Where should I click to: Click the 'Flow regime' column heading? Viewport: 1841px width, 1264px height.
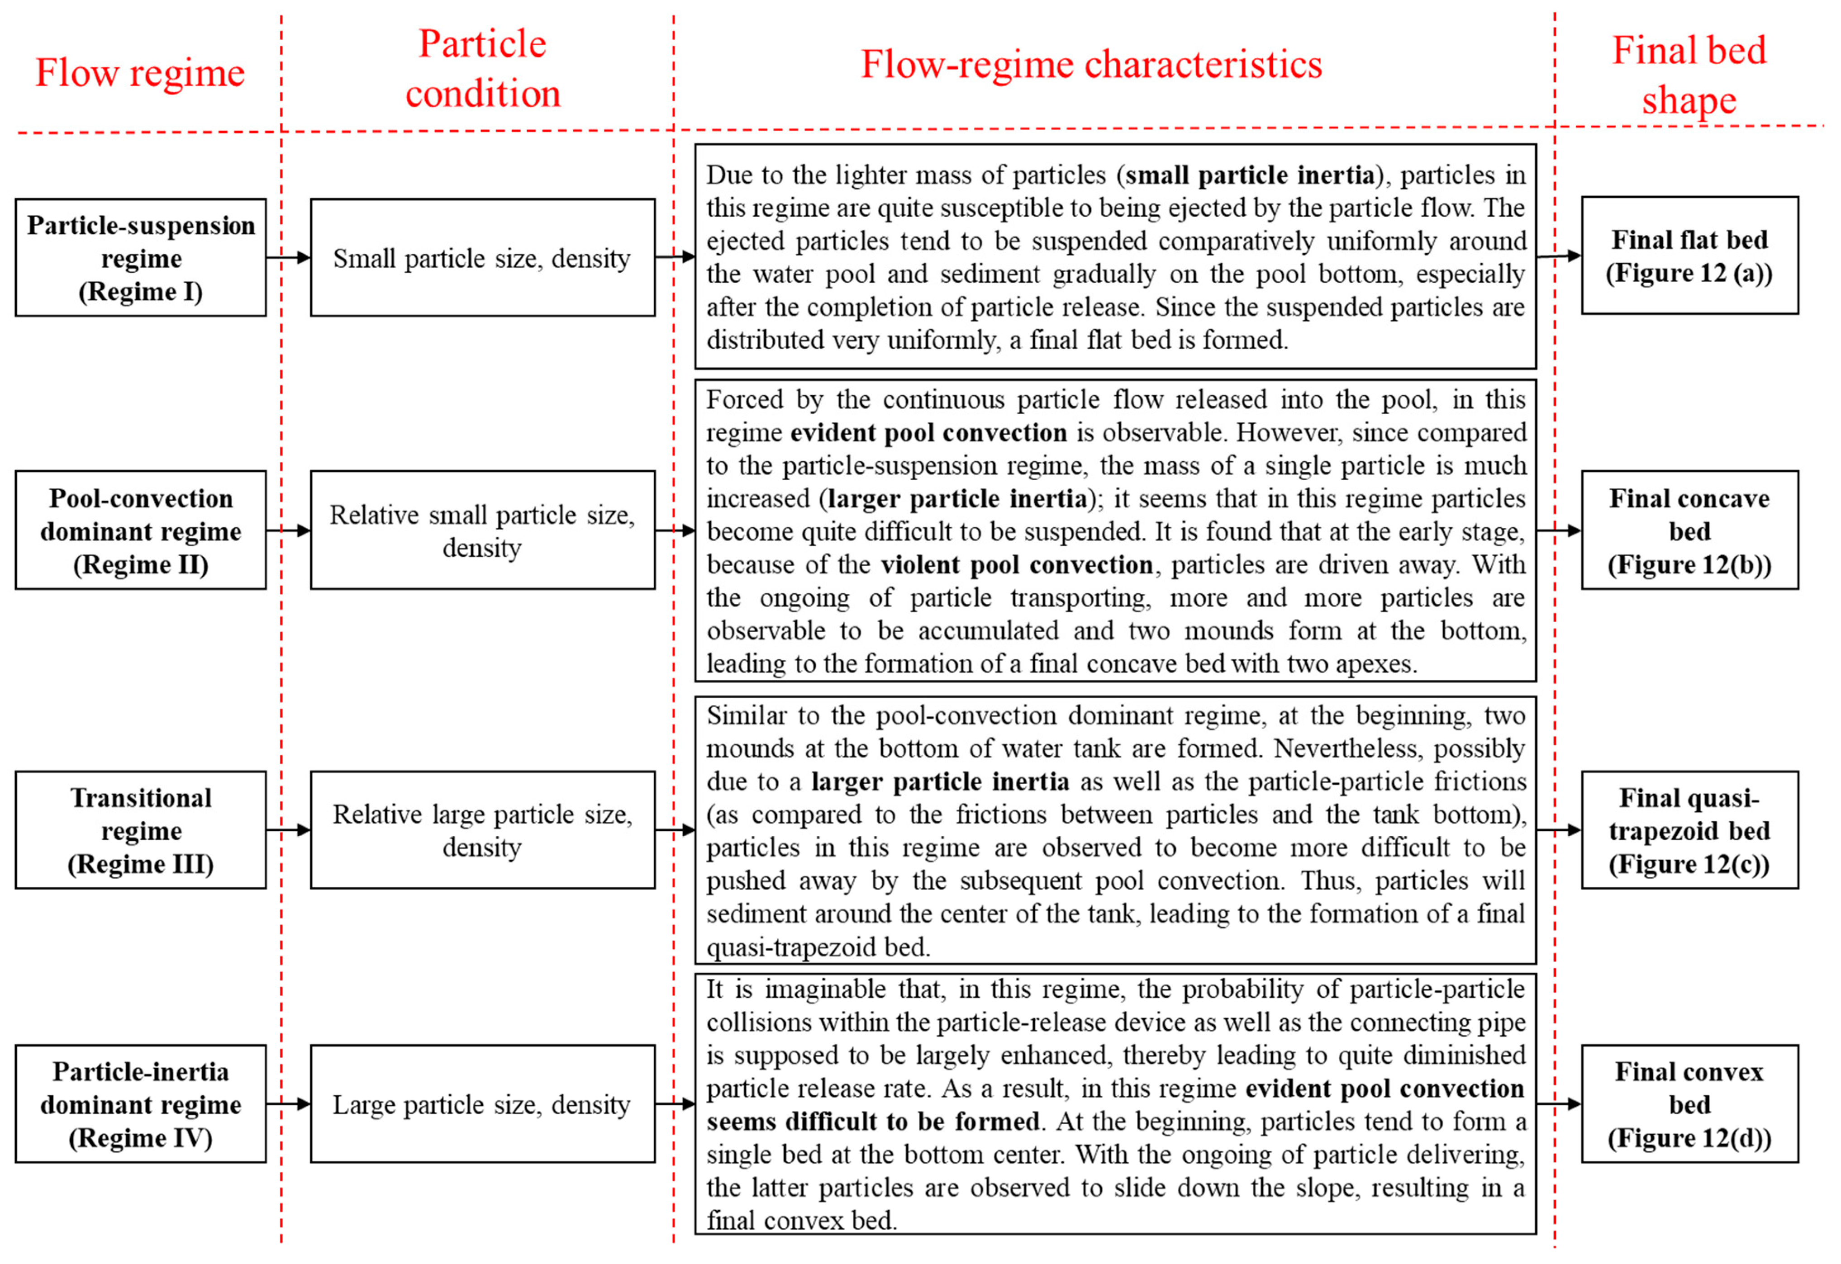140,73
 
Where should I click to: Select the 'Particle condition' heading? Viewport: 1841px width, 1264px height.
482,68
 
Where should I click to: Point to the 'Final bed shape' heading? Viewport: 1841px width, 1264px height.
1689,75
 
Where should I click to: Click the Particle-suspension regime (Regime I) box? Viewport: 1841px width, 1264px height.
140,257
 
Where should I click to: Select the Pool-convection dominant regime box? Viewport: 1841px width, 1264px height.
140,530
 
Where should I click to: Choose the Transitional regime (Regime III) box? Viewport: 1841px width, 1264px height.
140,830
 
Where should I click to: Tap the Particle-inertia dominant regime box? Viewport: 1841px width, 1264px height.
140,1104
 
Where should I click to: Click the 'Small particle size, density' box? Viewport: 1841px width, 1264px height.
482,257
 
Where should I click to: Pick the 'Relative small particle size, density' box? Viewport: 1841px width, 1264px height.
482,530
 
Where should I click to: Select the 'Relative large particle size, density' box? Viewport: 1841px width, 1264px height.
482,830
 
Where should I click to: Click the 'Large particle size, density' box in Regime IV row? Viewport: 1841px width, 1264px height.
482,1104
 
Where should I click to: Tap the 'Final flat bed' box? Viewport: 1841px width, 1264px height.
1689,256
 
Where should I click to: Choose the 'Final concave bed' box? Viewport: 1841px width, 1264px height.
1689,530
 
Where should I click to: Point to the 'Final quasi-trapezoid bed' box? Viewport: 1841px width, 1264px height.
1689,830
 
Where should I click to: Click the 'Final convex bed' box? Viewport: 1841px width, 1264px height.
1689,1104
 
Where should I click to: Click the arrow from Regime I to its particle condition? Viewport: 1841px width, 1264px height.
288,257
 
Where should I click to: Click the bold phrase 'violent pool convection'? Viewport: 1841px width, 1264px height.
1016,565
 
